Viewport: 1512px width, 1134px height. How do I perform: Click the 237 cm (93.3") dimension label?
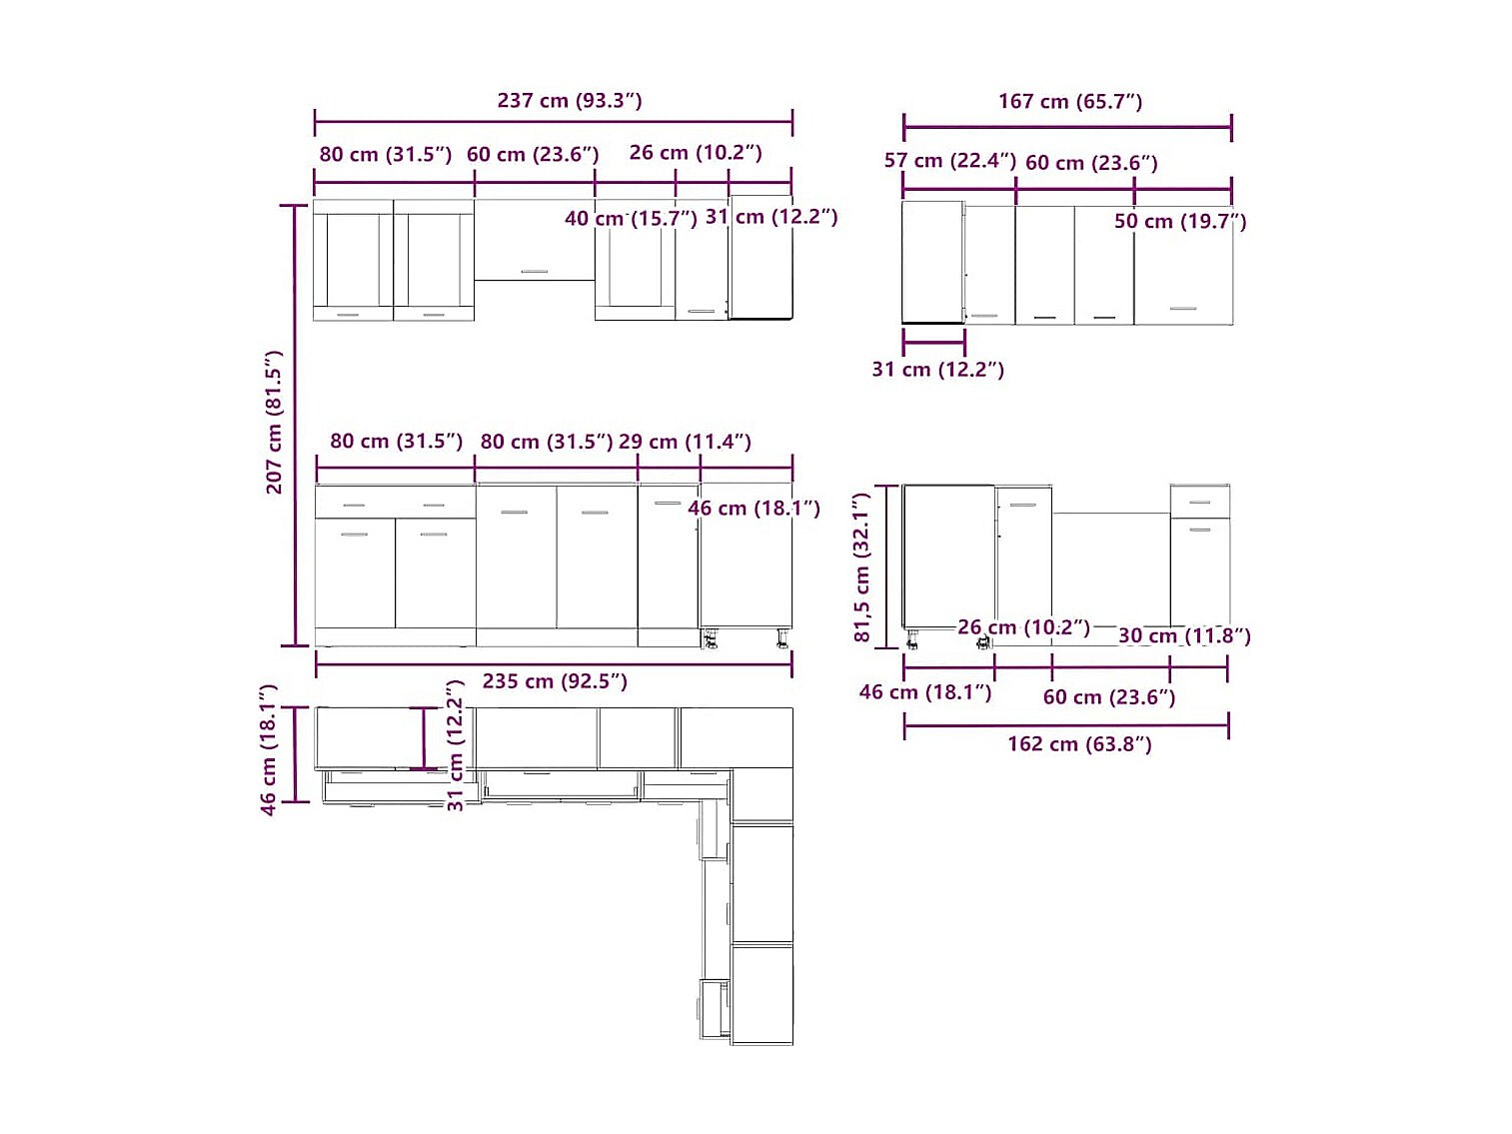click(x=569, y=101)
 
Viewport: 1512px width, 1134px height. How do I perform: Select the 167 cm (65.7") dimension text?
click(x=1070, y=102)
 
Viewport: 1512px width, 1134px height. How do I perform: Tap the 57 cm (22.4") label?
click(x=950, y=161)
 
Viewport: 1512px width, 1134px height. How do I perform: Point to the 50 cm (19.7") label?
click(x=1180, y=221)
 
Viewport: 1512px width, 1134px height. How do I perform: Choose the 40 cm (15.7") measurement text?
click(x=631, y=218)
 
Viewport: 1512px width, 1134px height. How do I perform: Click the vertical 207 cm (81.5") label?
click(x=274, y=422)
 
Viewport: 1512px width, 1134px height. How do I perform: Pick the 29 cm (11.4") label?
click(x=685, y=442)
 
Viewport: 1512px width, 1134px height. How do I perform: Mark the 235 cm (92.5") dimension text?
click(x=555, y=681)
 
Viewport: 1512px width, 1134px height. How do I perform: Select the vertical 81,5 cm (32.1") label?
click(x=861, y=567)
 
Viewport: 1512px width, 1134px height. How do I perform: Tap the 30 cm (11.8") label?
click(x=1184, y=635)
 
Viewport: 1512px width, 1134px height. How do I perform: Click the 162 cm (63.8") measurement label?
click(x=1079, y=744)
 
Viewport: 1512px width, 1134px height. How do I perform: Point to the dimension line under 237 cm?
click(x=554, y=122)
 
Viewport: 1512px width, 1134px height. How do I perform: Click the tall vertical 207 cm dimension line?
click(x=295, y=426)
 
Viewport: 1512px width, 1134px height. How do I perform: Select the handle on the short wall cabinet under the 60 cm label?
click(x=535, y=272)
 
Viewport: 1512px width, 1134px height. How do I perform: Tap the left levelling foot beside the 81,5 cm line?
click(x=912, y=639)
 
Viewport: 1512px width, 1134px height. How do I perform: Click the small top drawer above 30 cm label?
click(x=1199, y=502)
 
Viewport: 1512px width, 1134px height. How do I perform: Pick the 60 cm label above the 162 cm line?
click(x=1108, y=696)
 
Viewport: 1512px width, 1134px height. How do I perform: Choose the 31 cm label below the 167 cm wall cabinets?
click(x=937, y=370)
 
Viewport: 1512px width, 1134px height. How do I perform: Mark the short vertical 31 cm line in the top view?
click(x=423, y=738)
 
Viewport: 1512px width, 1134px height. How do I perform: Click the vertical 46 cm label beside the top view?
click(x=269, y=749)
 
